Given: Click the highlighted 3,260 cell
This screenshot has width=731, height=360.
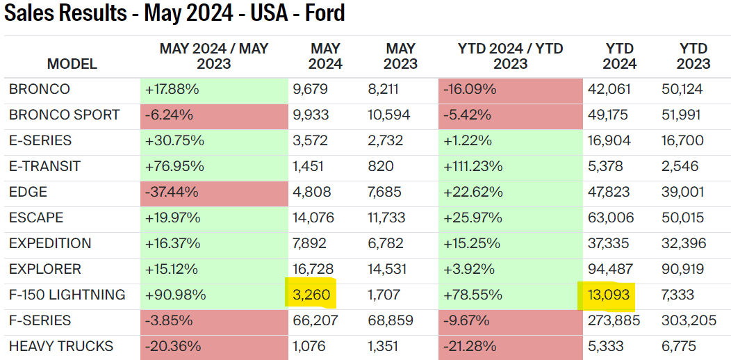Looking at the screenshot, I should [x=311, y=295].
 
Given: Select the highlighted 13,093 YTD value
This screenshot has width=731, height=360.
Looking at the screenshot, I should [x=607, y=295].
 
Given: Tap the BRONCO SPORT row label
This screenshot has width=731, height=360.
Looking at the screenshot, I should [x=65, y=115].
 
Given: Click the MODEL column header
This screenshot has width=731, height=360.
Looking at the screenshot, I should [x=72, y=65].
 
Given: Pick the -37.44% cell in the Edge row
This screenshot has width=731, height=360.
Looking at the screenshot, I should [x=173, y=192].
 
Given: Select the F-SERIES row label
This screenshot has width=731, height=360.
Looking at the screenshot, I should [x=40, y=320].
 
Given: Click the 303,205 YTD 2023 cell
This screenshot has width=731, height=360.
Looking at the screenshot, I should [x=687, y=320].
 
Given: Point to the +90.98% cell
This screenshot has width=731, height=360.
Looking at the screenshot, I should [x=175, y=295].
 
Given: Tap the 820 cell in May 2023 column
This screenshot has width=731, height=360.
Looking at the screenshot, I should [x=380, y=166].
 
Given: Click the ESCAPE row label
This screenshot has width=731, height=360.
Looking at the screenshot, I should [x=36, y=218].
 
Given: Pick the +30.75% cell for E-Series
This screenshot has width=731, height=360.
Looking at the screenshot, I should [x=174, y=140].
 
